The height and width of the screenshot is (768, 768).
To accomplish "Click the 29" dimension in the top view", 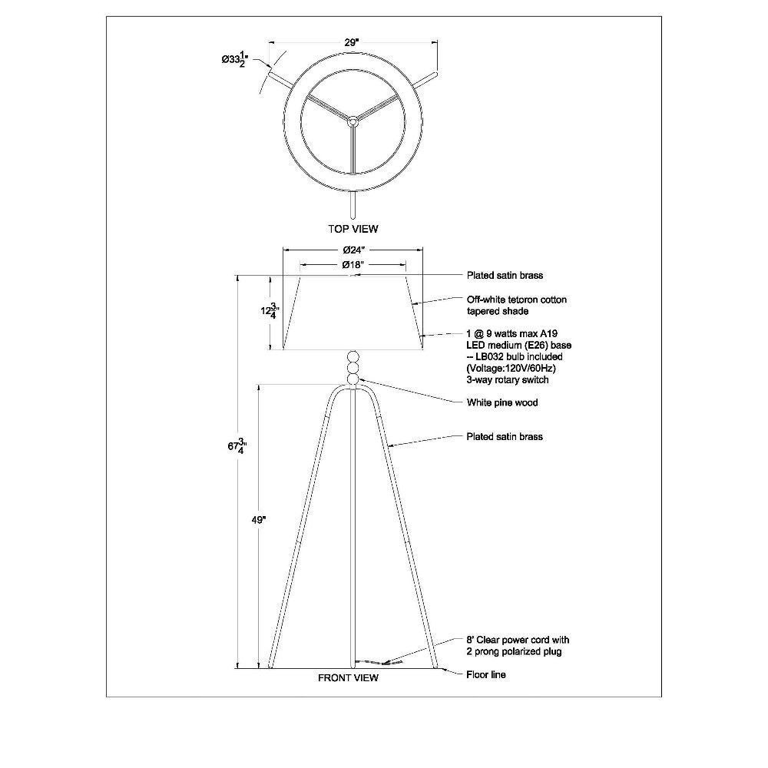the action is [x=351, y=42].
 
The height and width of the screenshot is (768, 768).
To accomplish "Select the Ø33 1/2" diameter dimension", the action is [x=235, y=60].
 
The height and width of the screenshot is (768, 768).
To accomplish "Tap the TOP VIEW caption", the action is [x=353, y=229].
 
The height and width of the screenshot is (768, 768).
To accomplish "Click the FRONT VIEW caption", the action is [x=348, y=678].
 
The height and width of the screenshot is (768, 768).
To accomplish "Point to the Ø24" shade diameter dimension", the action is [x=354, y=250].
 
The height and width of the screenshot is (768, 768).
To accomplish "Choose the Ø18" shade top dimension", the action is [x=353, y=265].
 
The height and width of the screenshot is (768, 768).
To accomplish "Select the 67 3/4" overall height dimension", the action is [x=237, y=447].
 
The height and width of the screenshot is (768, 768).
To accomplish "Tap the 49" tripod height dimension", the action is [x=259, y=520].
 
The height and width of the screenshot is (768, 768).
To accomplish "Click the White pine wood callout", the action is [x=502, y=402].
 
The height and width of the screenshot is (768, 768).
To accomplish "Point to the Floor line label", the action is [x=486, y=675].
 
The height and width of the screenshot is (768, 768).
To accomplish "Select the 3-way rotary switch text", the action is [x=508, y=380].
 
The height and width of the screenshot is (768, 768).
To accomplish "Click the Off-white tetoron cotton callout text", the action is [x=517, y=305].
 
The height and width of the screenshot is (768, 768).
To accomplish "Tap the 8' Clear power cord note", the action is [x=518, y=646].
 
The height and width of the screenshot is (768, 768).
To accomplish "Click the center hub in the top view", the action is [x=353, y=120].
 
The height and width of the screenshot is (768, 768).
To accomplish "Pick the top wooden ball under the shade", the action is [x=353, y=356].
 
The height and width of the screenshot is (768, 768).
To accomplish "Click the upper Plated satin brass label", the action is [x=505, y=275].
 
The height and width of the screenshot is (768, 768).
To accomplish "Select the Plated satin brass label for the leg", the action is [x=505, y=437].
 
